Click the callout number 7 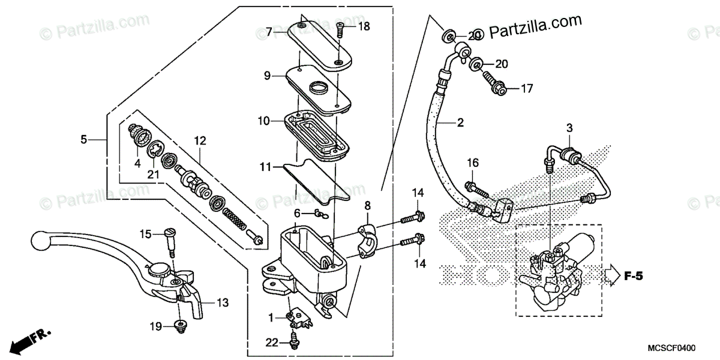(269, 30)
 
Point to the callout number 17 (526, 89)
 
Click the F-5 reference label (633, 277)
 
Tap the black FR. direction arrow (25, 340)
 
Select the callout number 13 (223, 304)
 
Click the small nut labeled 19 (179, 325)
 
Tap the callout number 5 (84, 140)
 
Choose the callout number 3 (569, 128)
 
